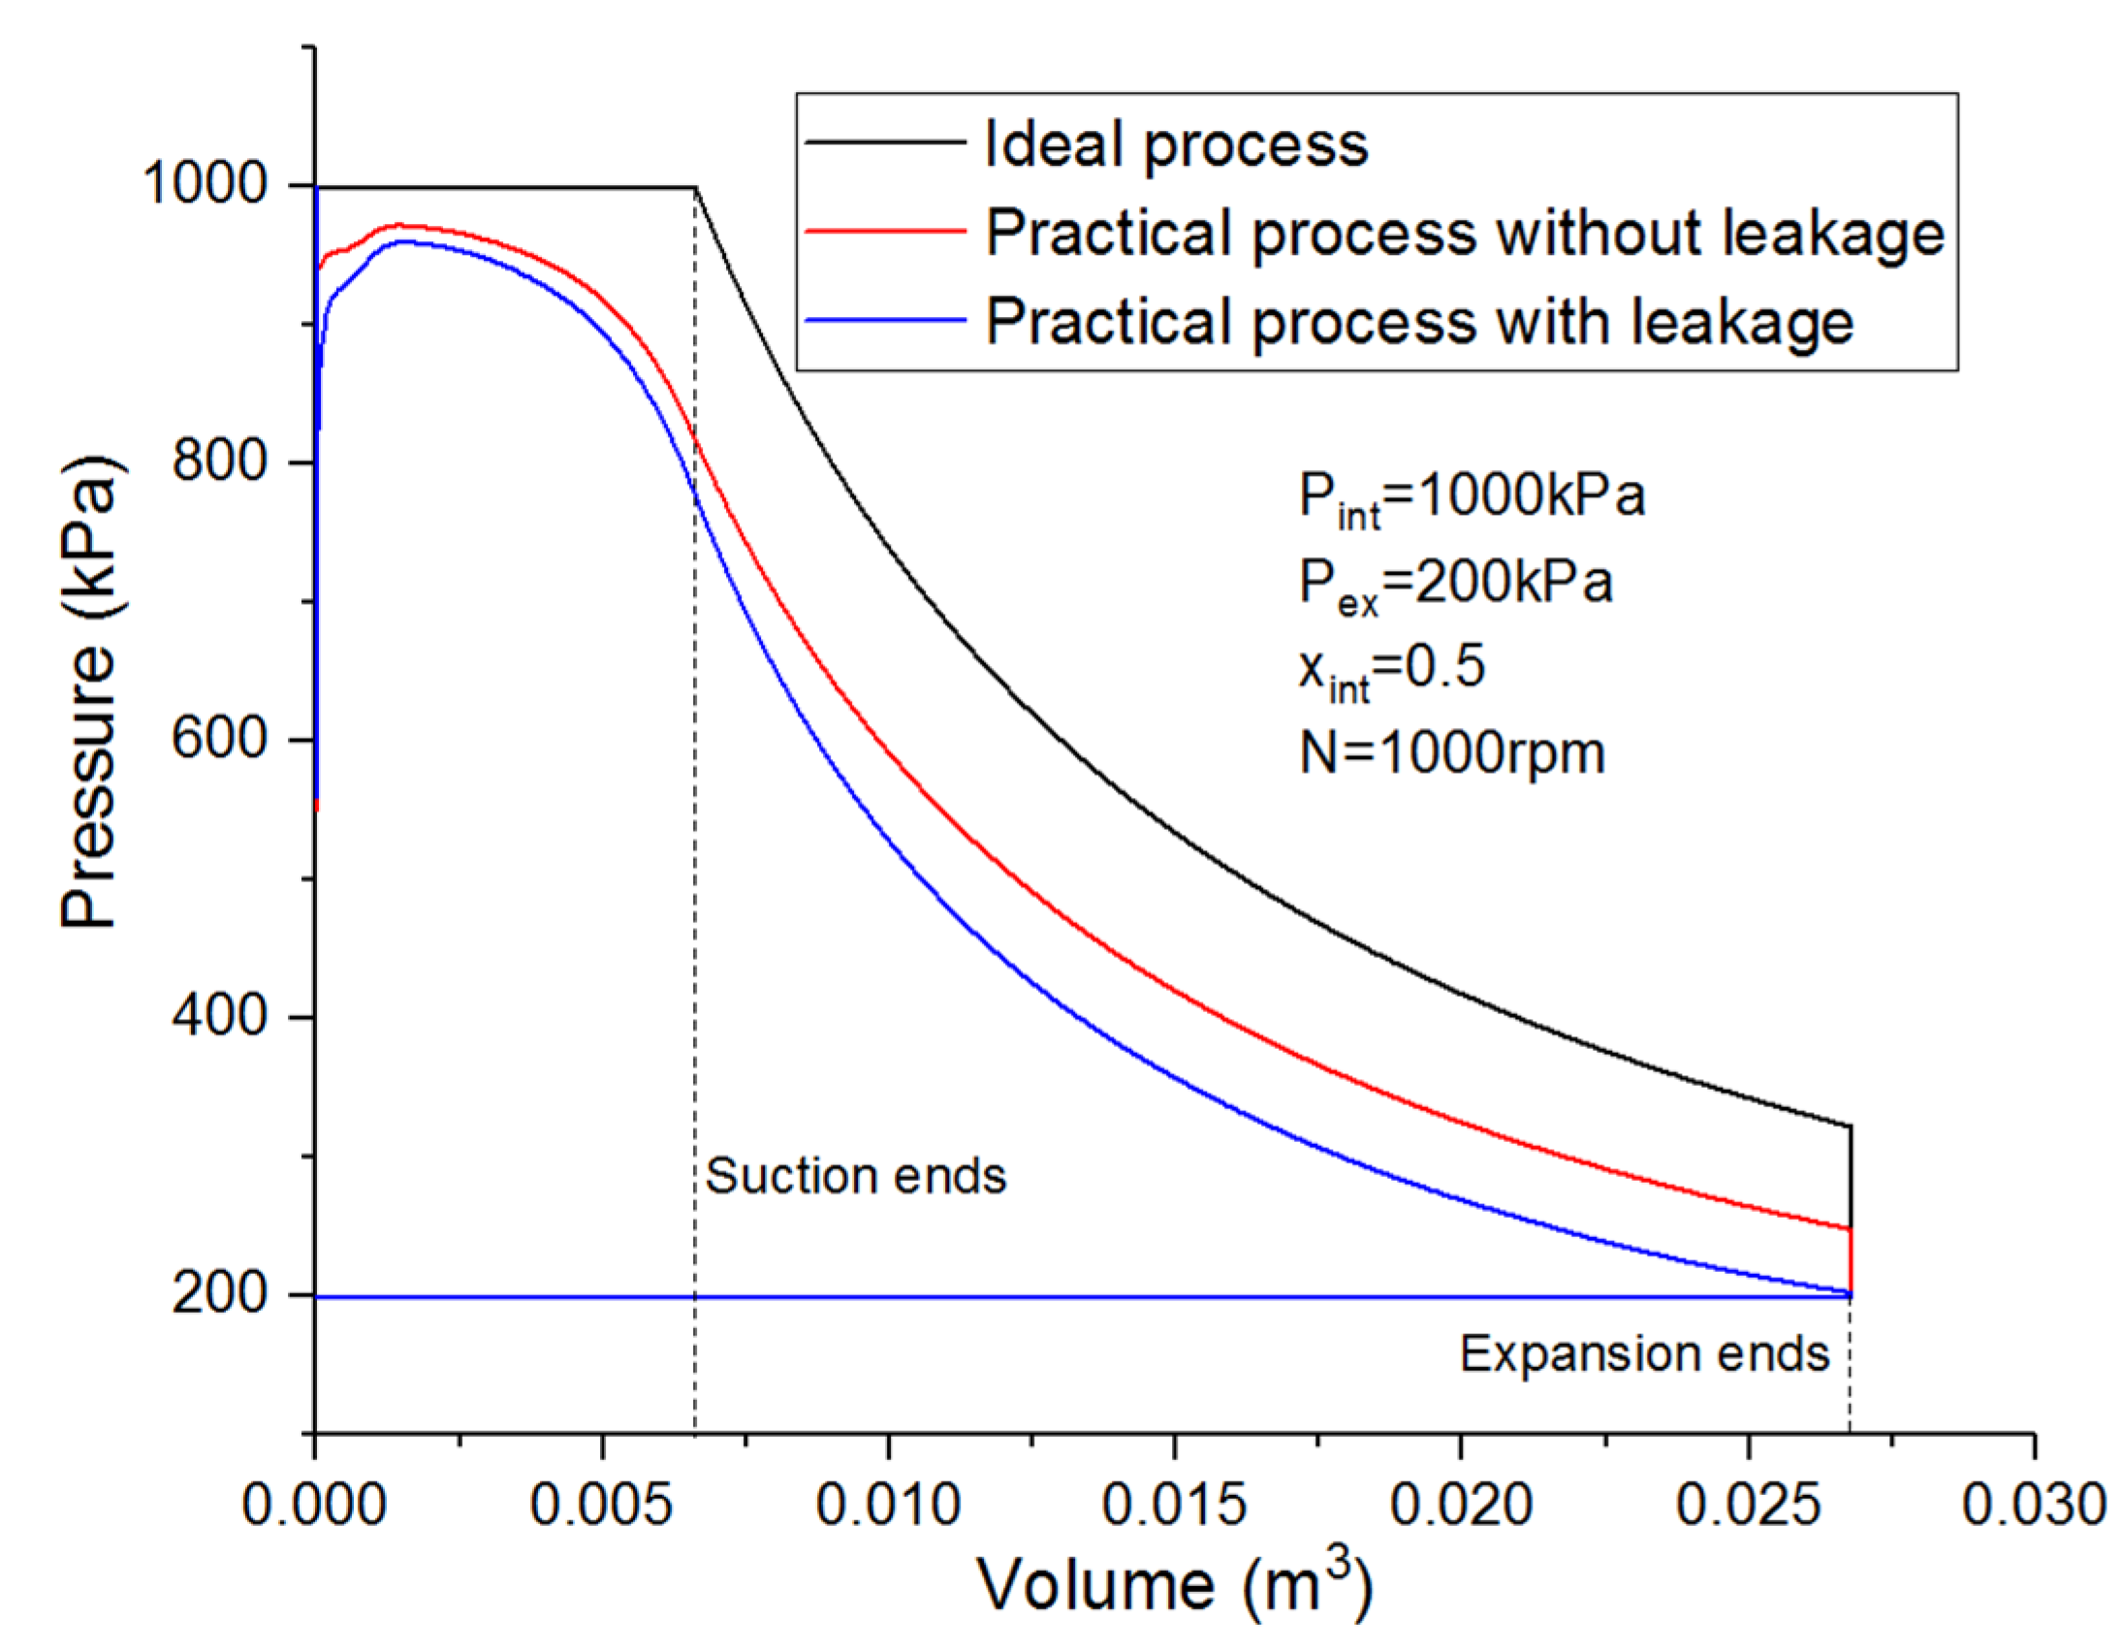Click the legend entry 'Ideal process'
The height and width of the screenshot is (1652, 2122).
[1176, 144]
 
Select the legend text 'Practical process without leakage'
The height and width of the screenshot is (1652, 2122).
[1465, 234]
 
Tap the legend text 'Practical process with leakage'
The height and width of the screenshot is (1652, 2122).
[1419, 322]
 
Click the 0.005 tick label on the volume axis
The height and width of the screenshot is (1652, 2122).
[600, 1506]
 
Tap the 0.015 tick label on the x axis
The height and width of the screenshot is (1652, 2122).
[1174, 1506]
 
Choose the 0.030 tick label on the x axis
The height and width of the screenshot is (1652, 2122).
[2033, 1506]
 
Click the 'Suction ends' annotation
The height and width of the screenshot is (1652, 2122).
[855, 1176]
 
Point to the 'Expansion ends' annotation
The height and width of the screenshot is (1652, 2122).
[1644, 1353]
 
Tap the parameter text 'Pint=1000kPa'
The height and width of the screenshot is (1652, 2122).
[1471, 497]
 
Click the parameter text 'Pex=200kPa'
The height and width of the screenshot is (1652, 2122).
[1454, 585]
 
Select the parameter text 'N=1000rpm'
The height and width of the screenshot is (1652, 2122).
[1451, 753]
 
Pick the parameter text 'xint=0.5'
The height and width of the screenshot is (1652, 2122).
[1391, 670]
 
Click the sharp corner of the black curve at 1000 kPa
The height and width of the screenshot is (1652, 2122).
[696, 187]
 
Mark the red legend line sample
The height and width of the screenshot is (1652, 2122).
[885, 233]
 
